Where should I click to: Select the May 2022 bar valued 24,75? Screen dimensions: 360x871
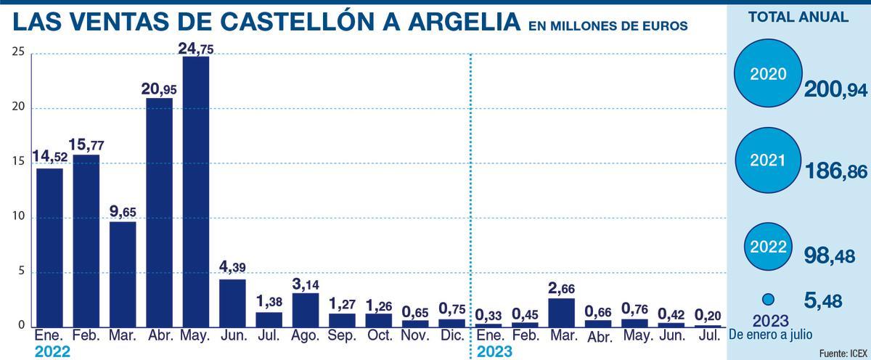[195, 192]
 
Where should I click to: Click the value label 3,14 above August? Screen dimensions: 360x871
[305, 282]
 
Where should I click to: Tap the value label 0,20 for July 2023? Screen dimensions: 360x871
[708, 314]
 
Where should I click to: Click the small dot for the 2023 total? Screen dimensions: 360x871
[769, 299]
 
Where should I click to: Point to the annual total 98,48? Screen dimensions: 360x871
[828, 255]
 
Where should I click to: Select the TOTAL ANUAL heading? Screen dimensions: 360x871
[798, 17]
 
